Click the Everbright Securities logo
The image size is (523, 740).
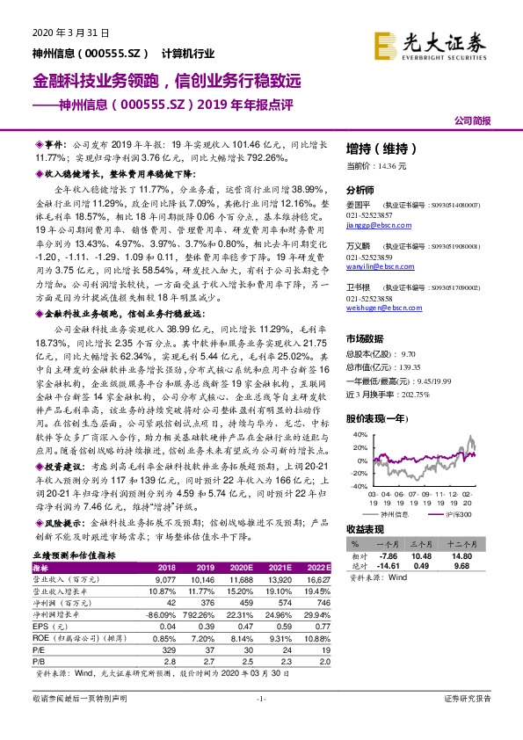coord(431,43)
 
